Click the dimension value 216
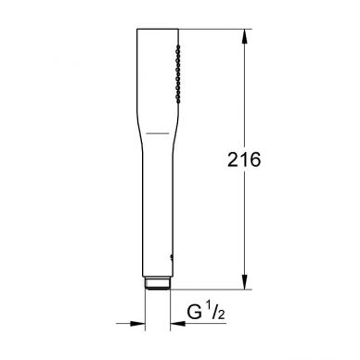pyautogui.click(x=244, y=160)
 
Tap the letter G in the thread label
pyautogui.click(x=194, y=312)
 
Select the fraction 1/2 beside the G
pyautogui.click(x=215, y=311)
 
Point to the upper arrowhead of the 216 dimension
pyautogui.click(x=244, y=37)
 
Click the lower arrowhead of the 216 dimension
pyautogui.click(x=244, y=282)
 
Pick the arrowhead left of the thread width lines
pyautogui.click(x=137, y=324)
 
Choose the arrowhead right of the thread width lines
pyautogui.click(x=177, y=324)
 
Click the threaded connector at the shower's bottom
pyautogui.click(x=158, y=283)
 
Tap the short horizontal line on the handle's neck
pyautogui.click(x=158, y=134)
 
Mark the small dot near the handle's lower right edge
pyautogui.click(x=171, y=256)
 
